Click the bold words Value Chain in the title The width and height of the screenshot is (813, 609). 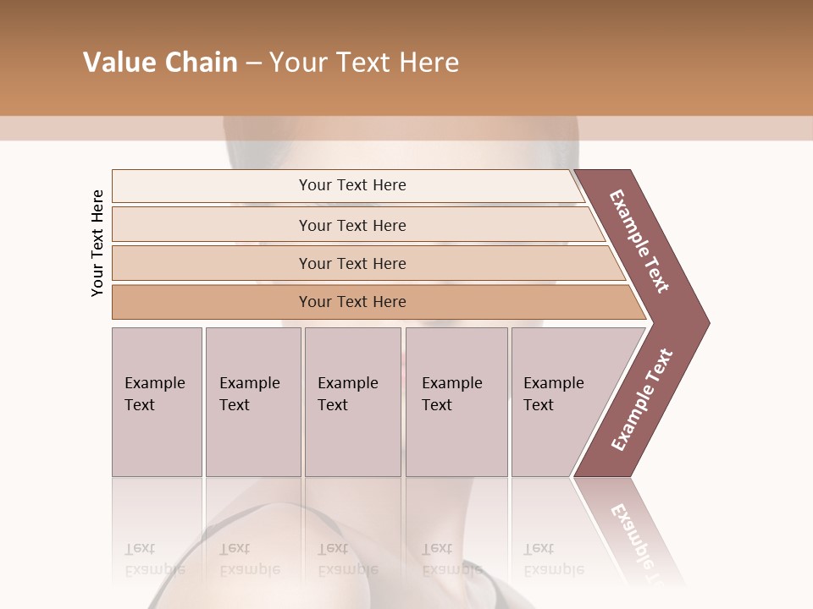pyautogui.click(x=160, y=63)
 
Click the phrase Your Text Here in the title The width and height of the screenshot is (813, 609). pyautogui.click(x=364, y=63)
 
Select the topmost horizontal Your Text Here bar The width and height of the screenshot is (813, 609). pyautogui.click(x=351, y=185)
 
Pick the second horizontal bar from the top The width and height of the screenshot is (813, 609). pyautogui.click(x=351, y=225)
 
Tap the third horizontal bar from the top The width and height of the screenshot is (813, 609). pyautogui.click(x=351, y=263)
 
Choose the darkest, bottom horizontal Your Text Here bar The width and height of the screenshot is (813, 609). pyautogui.click(x=351, y=302)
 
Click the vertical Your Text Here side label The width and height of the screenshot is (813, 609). pyautogui.click(x=97, y=243)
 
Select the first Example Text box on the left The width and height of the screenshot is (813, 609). pyautogui.click(x=156, y=401)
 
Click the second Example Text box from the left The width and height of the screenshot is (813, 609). pyautogui.click(x=252, y=401)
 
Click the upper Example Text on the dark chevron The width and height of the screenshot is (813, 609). pyautogui.click(x=639, y=241)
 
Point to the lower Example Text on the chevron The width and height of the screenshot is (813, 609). pyautogui.click(x=642, y=400)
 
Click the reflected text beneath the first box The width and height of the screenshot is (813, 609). pyautogui.click(x=154, y=559)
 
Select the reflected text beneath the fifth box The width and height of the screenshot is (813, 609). pyautogui.click(x=553, y=559)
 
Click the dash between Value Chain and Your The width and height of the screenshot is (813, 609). pyautogui.click(x=253, y=63)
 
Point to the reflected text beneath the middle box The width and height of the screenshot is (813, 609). pyautogui.click(x=347, y=559)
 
